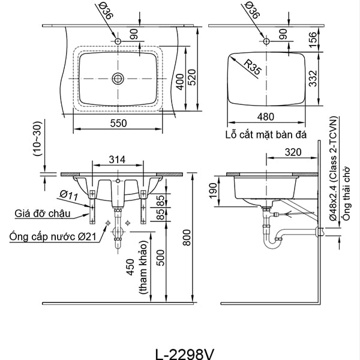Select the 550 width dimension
coord(118,123)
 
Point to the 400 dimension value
coord(179,83)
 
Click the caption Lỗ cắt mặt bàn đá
coord(266,136)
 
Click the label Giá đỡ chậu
coord(44,213)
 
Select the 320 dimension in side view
coord(293,152)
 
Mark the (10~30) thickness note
coord(37,139)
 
